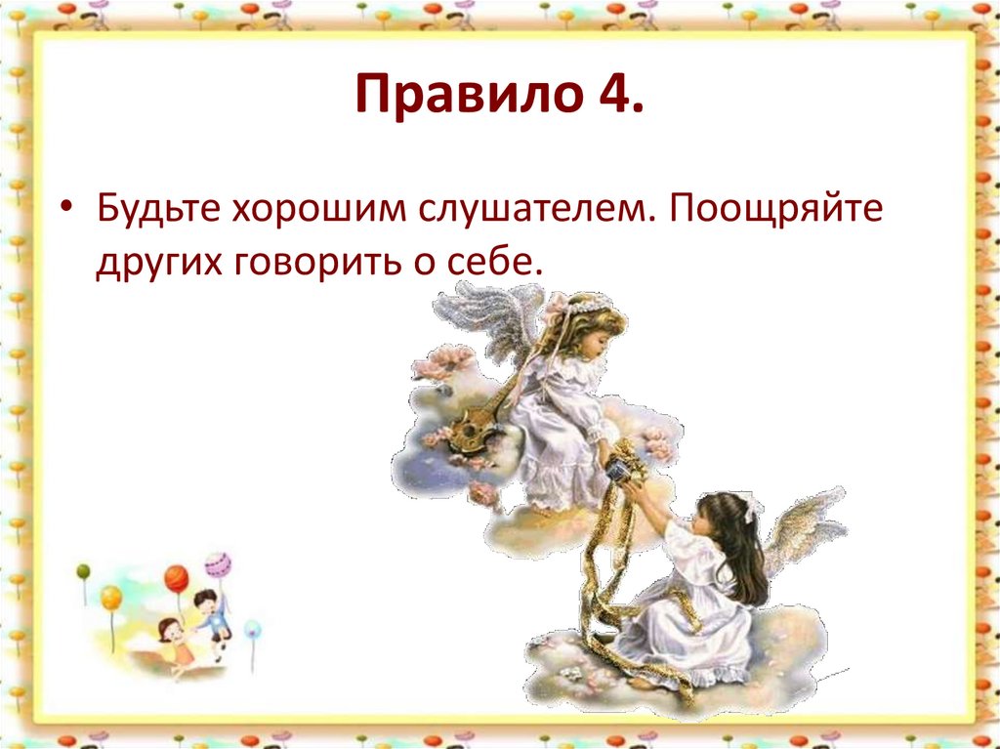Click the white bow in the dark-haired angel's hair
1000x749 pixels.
click(751, 509)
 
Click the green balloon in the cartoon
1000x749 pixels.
click(84, 570)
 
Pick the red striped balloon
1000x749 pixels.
click(176, 577)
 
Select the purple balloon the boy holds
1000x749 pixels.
click(217, 564)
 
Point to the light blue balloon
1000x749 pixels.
click(252, 630)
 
